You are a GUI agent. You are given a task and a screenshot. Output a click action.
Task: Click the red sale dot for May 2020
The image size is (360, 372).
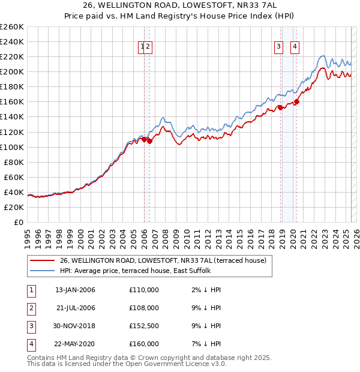pos(296,101)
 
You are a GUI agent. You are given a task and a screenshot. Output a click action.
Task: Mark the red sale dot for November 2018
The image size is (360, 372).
pos(280,107)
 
